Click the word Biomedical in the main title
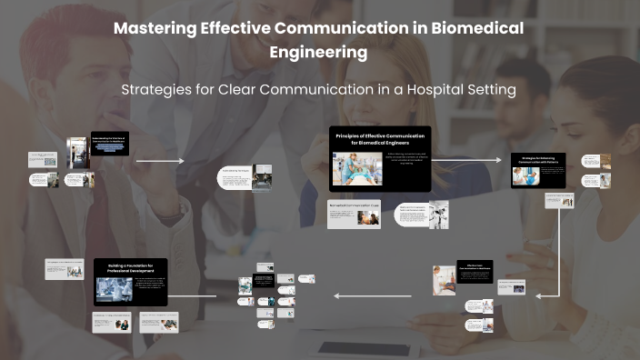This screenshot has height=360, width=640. tap(470, 28)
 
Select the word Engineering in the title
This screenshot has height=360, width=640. tap(318, 53)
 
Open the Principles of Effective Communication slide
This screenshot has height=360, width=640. tap(379, 159)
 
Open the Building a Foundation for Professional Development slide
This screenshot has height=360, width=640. tap(131, 281)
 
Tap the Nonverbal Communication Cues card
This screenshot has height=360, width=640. tap(354, 214)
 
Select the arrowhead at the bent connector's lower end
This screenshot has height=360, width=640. tap(537, 295)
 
